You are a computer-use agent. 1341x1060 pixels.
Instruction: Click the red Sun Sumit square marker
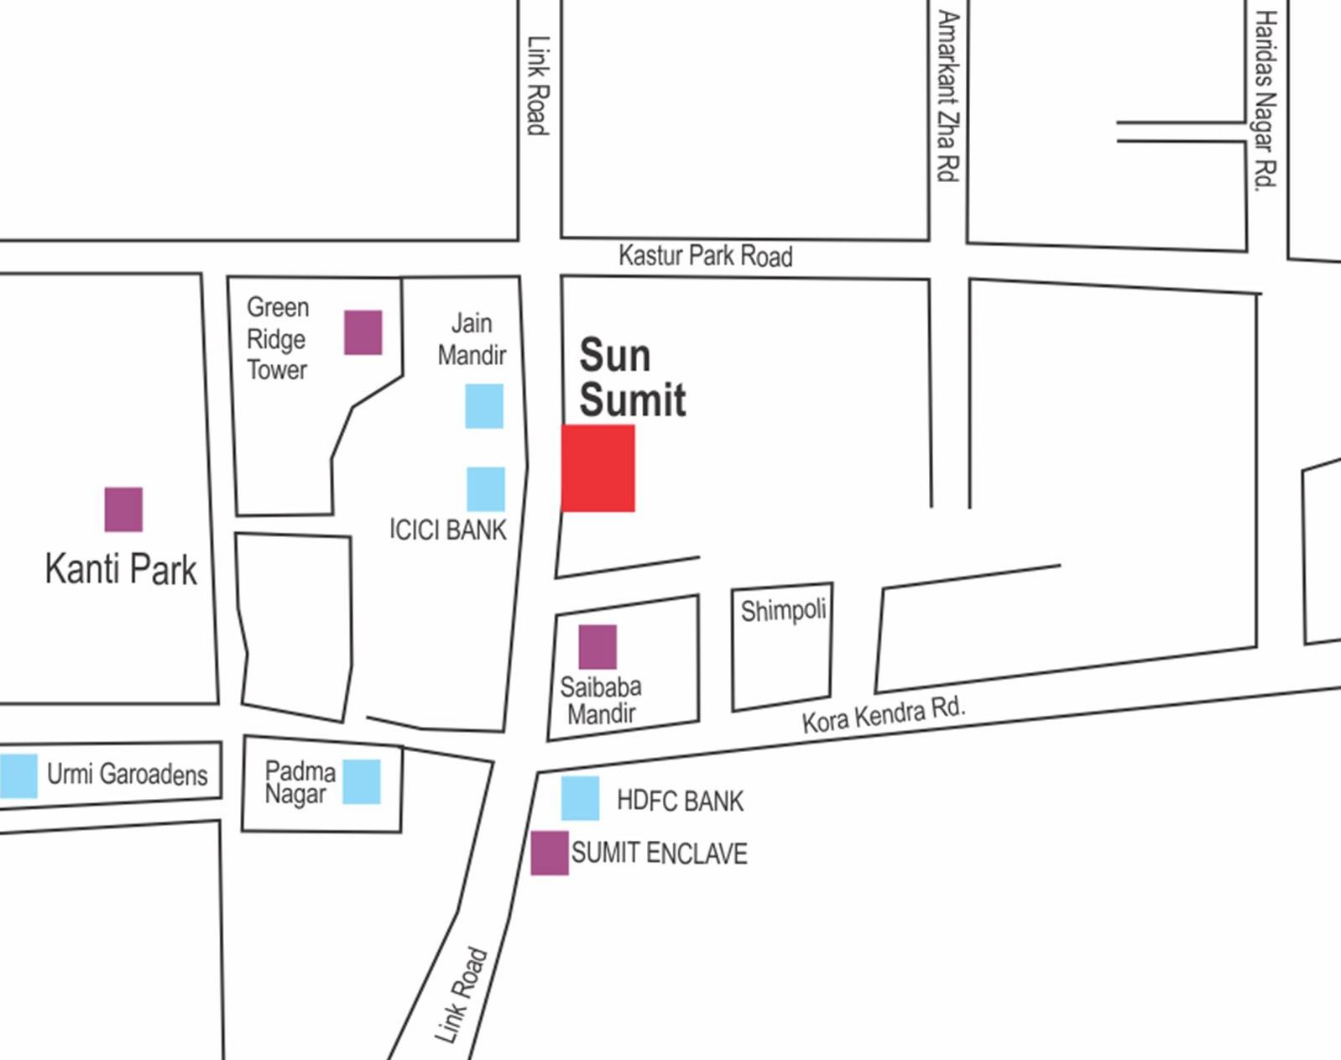(x=597, y=467)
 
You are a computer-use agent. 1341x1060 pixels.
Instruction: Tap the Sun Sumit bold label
(x=631, y=378)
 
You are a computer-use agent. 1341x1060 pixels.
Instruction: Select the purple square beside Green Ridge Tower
(x=363, y=332)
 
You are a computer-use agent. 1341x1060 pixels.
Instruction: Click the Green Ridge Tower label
(x=277, y=339)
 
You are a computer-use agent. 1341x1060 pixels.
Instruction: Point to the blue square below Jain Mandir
(x=484, y=406)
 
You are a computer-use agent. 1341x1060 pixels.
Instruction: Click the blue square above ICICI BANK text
(x=486, y=489)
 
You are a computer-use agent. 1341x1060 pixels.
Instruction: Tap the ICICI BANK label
(x=448, y=530)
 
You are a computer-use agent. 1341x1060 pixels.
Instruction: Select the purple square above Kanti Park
(x=123, y=509)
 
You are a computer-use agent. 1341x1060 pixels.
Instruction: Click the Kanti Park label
(x=121, y=570)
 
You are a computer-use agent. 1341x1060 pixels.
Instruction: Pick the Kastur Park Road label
(x=705, y=255)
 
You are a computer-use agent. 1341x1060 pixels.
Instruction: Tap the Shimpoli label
(x=783, y=610)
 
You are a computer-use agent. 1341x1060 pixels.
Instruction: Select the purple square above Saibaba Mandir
(x=597, y=647)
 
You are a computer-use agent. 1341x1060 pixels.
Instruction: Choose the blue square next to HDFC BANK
(x=580, y=798)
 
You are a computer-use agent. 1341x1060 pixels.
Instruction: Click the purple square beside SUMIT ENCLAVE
(x=550, y=853)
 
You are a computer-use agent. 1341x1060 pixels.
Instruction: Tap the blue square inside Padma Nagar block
(x=362, y=781)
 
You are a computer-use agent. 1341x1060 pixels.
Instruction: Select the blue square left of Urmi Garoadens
(x=18, y=775)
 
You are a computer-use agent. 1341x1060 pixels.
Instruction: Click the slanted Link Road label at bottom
(x=461, y=995)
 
